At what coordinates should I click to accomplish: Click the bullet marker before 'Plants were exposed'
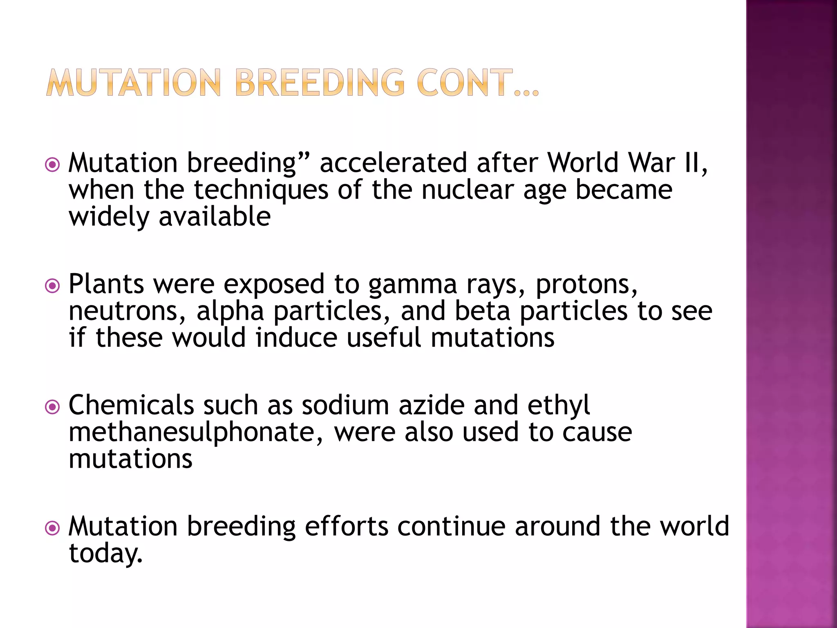[52, 286]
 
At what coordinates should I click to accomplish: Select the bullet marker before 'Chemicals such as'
[52, 407]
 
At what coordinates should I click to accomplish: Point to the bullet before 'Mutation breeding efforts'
[52, 528]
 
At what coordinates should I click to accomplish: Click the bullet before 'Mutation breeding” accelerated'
[52, 165]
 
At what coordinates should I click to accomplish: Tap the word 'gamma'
[412, 285]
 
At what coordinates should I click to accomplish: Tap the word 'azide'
[432, 405]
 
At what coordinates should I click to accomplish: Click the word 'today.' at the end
[106, 553]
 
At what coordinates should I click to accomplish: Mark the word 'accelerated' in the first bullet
[393, 163]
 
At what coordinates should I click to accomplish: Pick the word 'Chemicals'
[131, 405]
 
